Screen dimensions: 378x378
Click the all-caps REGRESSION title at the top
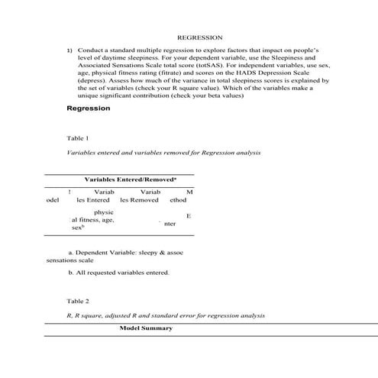(x=199, y=37)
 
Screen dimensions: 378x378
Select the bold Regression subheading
(x=89, y=108)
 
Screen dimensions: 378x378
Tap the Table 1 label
(x=78, y=138)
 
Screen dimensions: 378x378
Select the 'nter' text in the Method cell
(x=170, y=224)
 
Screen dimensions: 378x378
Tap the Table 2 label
(x=78, y=301)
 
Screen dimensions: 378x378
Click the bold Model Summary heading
(x=147, y=328)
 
